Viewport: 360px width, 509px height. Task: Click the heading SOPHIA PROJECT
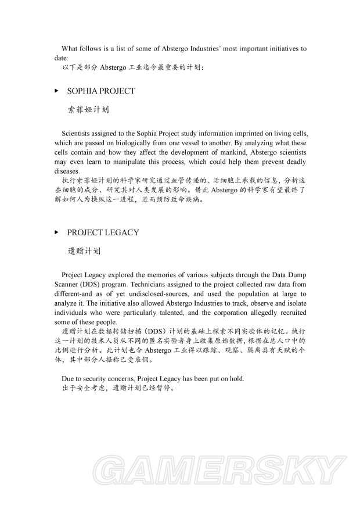click(101, 91)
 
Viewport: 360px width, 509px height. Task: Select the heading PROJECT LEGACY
click(103, 232)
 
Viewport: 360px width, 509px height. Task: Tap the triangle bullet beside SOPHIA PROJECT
click(56, 91)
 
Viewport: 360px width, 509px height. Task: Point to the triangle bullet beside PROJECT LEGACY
click(56, 232)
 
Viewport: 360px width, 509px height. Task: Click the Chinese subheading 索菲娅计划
click(89, 109)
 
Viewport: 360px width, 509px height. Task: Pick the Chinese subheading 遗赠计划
click(85, 251)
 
